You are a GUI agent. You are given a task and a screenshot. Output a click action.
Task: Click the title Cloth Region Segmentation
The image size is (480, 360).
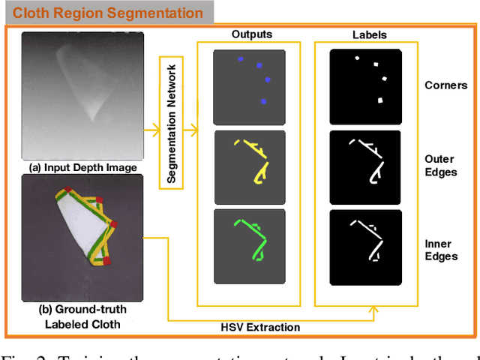point(108,13)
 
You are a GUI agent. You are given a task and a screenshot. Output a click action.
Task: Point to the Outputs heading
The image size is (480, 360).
point(252,34)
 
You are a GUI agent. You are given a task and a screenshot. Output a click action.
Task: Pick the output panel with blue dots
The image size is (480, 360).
point(249,87)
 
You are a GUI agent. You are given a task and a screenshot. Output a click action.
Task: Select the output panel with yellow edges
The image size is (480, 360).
point(249,167)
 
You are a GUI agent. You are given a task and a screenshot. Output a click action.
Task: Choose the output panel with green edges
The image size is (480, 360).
point(249,246)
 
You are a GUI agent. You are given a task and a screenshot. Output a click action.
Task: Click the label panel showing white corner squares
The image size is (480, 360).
point(367,87)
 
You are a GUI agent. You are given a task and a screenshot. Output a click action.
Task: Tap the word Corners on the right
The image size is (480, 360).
point(445,86)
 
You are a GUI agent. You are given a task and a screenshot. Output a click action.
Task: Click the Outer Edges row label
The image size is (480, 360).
point(445,165)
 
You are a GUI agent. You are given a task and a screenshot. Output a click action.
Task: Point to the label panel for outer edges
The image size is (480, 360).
point(367,167)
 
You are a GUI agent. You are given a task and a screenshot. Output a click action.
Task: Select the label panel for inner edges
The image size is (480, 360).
point(367,246)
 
